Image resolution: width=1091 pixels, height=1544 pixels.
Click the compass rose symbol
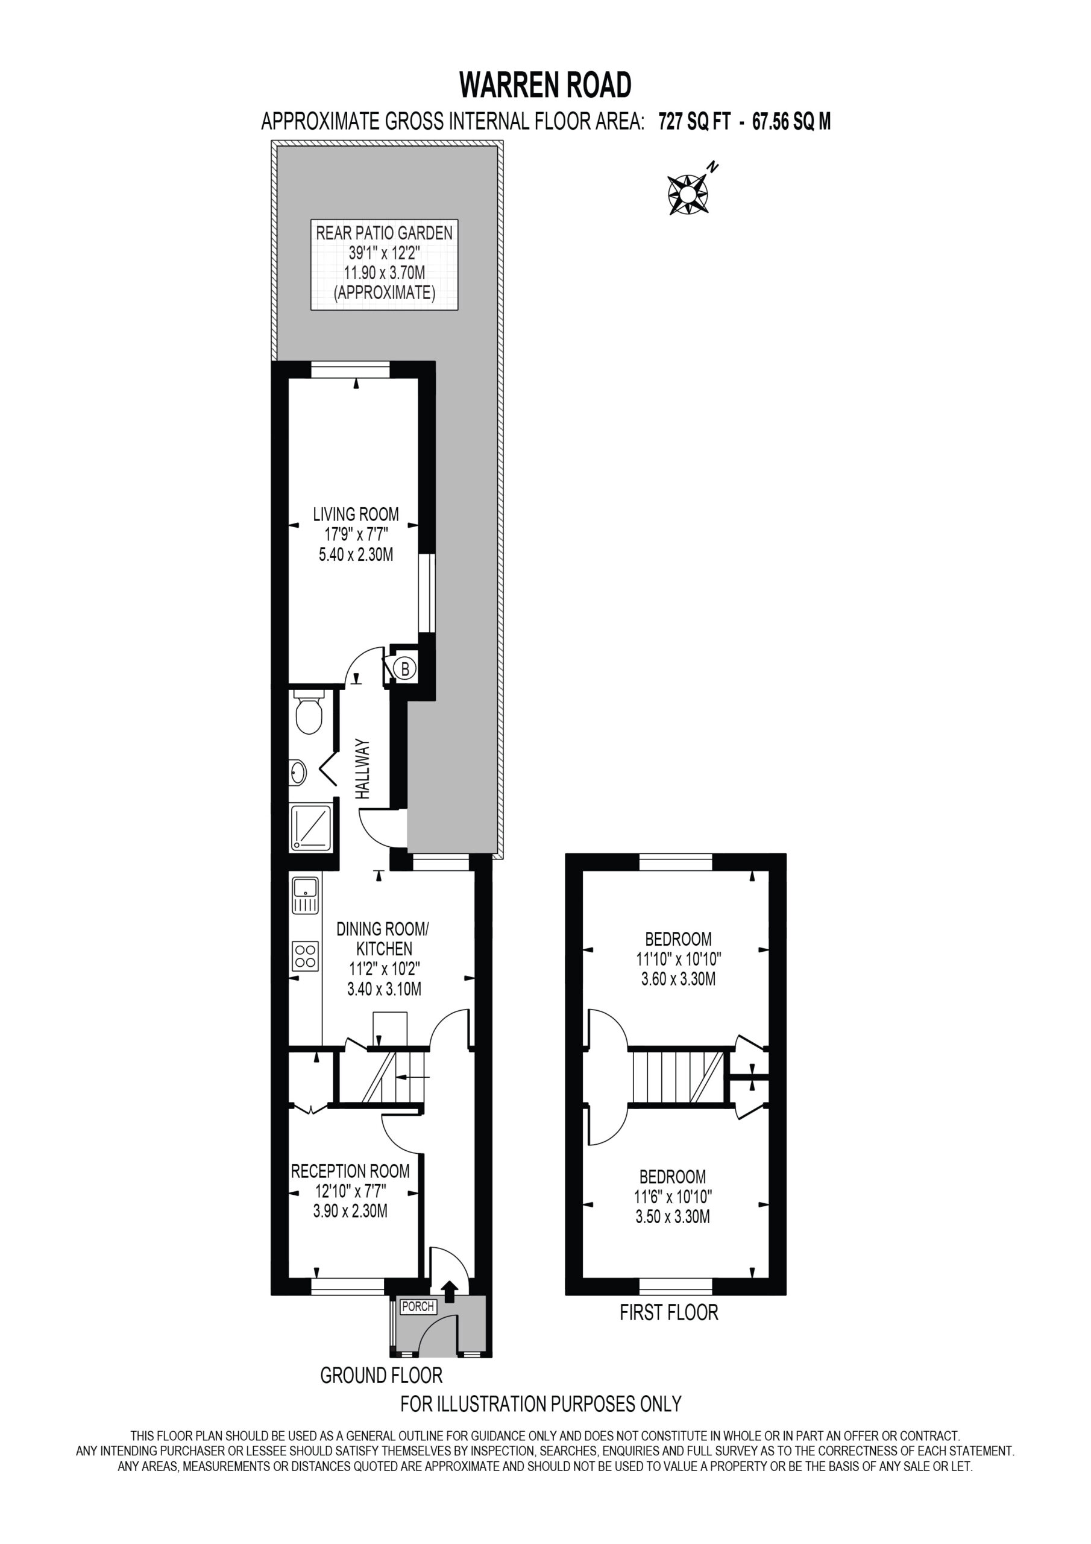[687, 194]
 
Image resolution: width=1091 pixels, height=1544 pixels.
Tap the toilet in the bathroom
[309, 713]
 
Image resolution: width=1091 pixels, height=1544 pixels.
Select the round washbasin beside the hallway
[297, 773]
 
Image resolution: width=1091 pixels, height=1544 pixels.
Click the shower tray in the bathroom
[310, 828]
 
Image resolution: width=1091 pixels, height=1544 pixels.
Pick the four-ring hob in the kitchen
[305, 957]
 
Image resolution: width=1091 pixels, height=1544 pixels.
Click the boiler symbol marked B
[404, 668]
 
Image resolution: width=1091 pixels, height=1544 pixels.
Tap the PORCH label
[418, 1306]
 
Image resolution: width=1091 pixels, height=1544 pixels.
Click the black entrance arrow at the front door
[449, 1291]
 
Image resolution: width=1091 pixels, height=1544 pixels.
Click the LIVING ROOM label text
[356, 514]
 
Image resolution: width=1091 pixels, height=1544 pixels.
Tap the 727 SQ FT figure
[694, 122]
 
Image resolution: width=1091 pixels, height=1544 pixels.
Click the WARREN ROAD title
[545, 84]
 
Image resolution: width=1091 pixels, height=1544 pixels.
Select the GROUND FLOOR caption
[381, 1375]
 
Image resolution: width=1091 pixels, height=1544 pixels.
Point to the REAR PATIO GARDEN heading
[385, 233]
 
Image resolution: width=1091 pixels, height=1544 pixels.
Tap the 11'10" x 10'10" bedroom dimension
[678, 958]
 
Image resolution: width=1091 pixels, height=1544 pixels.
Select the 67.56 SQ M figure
[791, 122]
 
